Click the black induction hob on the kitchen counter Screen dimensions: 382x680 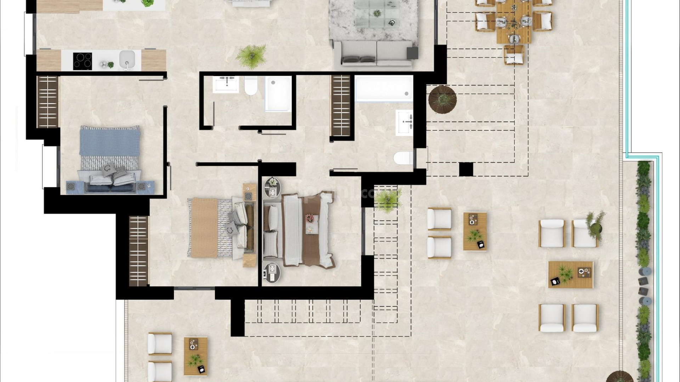click(x=83, y=61)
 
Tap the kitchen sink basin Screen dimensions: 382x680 click(x=127, y=59)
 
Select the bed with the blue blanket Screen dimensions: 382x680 click(x=109, y=159)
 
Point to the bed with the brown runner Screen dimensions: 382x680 click(x=301, y=230)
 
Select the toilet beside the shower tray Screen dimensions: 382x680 click(x=251, y=86)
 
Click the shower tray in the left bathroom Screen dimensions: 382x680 click(x=278, y=93)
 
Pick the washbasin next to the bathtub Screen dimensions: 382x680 click(x=404, y=122)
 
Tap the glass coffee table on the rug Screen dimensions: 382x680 click(x=376, y=14)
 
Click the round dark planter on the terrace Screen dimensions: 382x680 click(x=442, y=99)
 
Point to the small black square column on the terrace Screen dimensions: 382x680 click(x=466, y=169)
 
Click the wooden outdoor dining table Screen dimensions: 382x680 click(x=514, y=21)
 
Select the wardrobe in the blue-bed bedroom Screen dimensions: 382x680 click(x=48, y=102)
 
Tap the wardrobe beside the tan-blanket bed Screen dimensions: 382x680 click(x=138, y=251)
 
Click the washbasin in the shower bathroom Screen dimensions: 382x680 click(x=226, y=84)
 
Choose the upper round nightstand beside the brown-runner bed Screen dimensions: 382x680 click(x=272, y=187)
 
